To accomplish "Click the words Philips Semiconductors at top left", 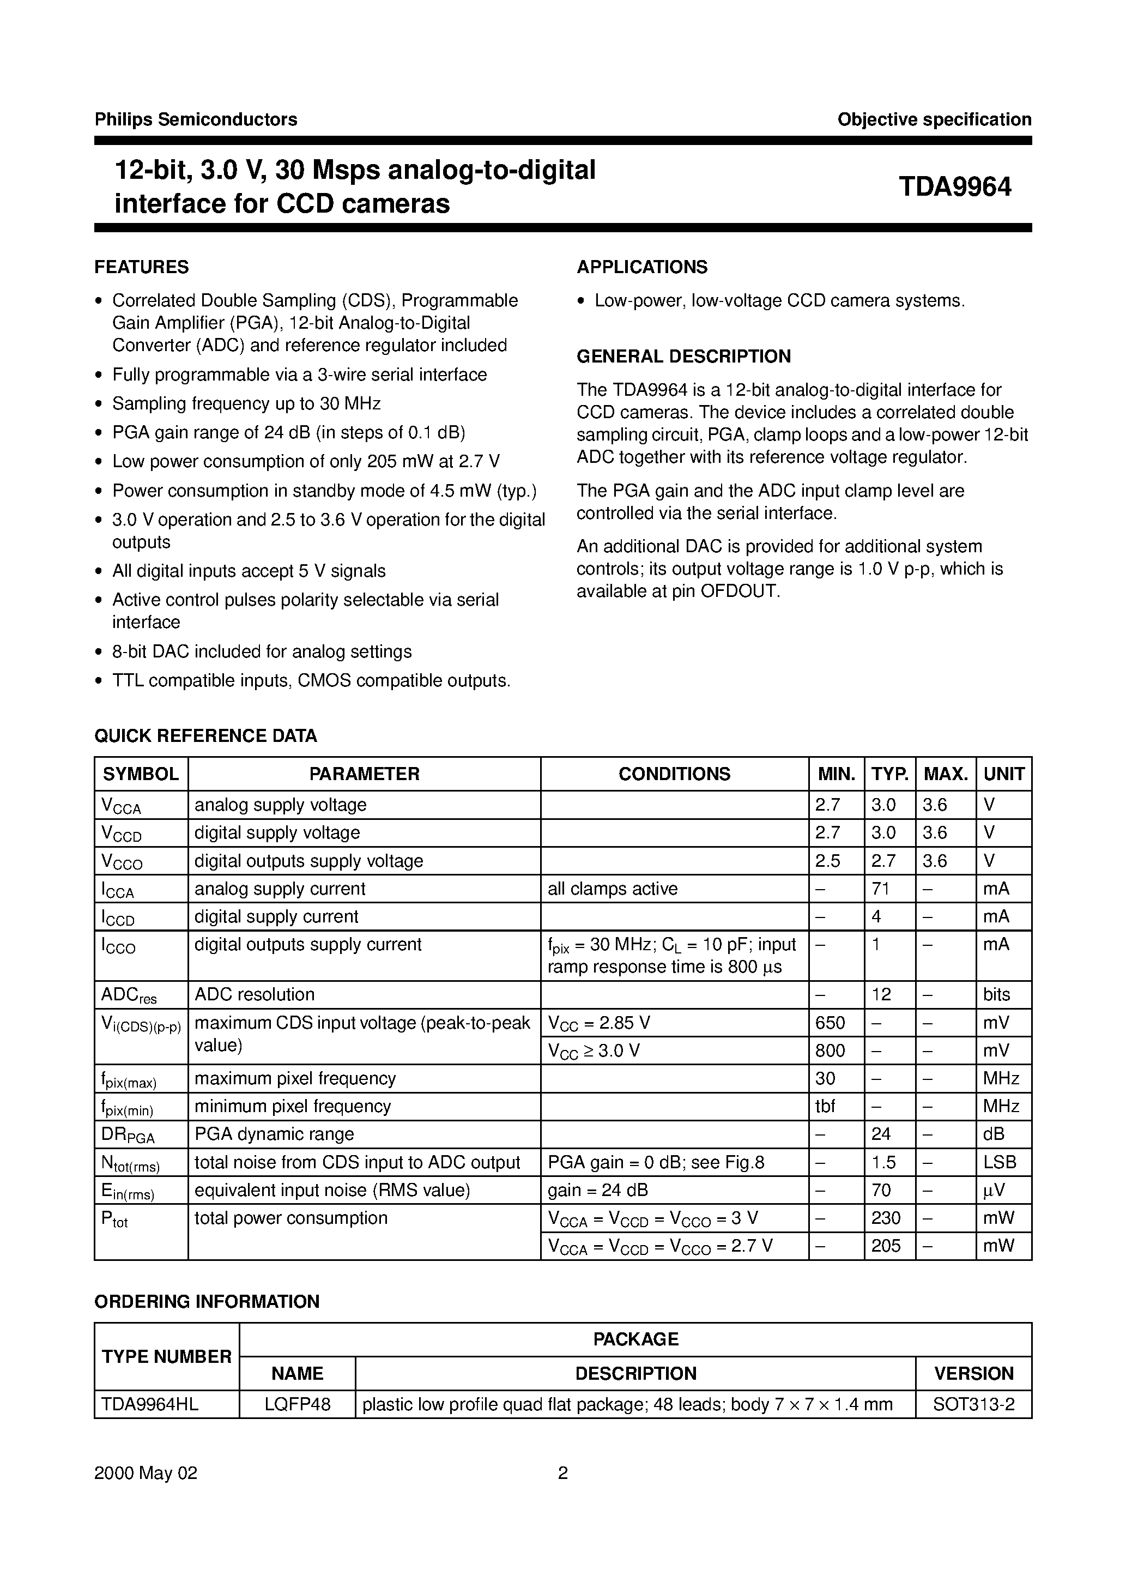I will coord(196,119).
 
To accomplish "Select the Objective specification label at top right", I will coord(934,119).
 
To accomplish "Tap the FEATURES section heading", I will coord(142,267).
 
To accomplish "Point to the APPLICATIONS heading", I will coord(642,267).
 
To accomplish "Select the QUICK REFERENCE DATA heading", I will coord(205,736).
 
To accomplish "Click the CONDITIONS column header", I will coord(674,774).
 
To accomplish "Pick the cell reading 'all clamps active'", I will coord(612,889).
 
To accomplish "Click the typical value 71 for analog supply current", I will coord(881,889).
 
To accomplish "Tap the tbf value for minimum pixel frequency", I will coord(825,1106).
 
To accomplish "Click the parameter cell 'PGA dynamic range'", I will coord(274,1134).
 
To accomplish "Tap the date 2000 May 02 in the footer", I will coord(146,1493).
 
